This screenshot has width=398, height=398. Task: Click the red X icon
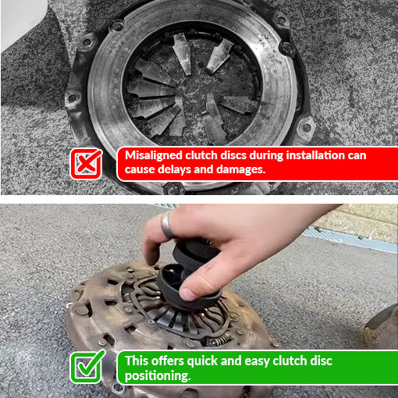click(86, 164)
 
